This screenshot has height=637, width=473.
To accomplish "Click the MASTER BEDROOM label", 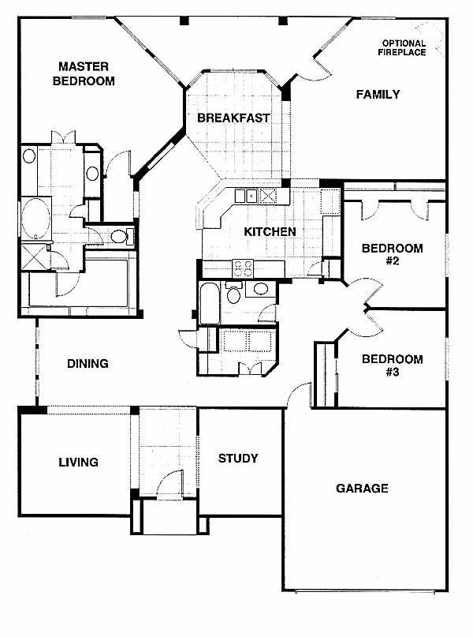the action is (x=84, y=73).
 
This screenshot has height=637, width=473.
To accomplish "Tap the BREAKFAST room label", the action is (x=233, y=118).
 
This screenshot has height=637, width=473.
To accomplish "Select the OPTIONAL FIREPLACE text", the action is (x=402, y=47).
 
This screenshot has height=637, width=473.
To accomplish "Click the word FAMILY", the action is (x=378, y=94).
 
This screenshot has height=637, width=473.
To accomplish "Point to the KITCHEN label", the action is (x=270, y=231).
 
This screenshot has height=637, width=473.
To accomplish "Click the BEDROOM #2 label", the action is (x=393, y=254).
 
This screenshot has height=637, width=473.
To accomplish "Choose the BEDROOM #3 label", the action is (x=393, y=365).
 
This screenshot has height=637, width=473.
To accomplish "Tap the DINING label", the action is (x=88, y=363).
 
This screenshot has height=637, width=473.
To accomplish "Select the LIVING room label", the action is (x=78, y=462).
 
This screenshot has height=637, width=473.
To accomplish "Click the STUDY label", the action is (x=238, y=459).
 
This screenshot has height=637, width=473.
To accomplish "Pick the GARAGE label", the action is (x=362, y=488).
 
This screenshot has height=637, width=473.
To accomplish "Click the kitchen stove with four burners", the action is (x=243, y=268).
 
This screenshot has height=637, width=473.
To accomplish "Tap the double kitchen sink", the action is (x=246, y=197).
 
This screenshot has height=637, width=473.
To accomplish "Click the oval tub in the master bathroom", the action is (x=36, y=219).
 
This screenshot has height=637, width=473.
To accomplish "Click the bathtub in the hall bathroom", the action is (x=210, y=303).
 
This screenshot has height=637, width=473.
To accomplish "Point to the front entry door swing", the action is (x=169, y=483).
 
